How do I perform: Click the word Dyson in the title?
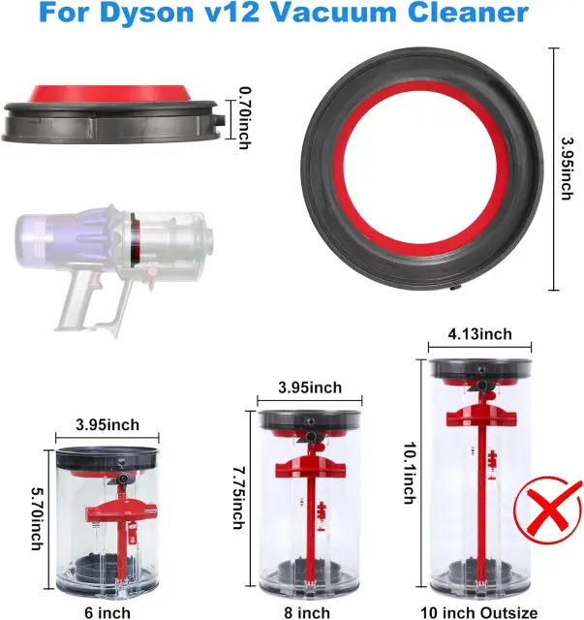(146, 12)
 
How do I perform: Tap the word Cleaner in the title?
(468, 12)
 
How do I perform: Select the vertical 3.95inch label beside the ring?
(568, 169)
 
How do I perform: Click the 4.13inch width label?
(479, 334)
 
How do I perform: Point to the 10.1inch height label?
(411, 473)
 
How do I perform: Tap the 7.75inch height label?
(238, 498)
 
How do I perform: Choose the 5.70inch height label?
(37, 518)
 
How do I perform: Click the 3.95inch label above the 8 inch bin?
(310, 387)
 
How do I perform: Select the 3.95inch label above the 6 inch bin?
(108, 425)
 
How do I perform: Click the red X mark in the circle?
(548, 509)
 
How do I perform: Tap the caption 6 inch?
(108, 612)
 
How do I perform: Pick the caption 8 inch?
(307, 612)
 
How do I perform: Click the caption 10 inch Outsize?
(479, 612)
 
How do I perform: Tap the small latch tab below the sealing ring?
(455, 289)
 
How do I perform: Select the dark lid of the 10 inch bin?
(480, 368)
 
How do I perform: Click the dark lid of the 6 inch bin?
(108, 458)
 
